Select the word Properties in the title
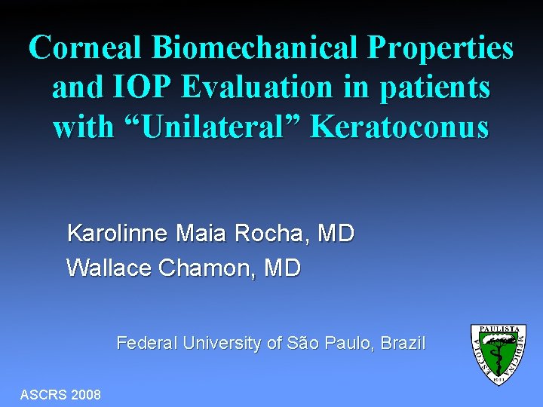pos(440,48)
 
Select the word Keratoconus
pos(400,127)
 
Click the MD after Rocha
pos(336,234)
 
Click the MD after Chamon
pos(282,268)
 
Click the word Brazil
pos(403,344)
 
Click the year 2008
pos(86,395)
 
